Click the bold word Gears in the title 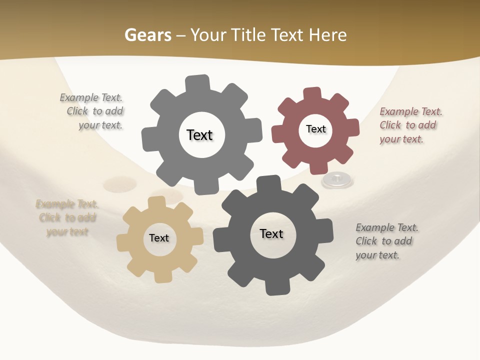pos(148,35)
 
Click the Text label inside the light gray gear pos(199,135)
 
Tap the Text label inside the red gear pos(315,129)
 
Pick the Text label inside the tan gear pos(159,238)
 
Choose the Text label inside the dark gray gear pos(271,233)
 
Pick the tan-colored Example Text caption pos(67,217)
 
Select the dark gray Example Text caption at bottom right pos(385,241)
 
